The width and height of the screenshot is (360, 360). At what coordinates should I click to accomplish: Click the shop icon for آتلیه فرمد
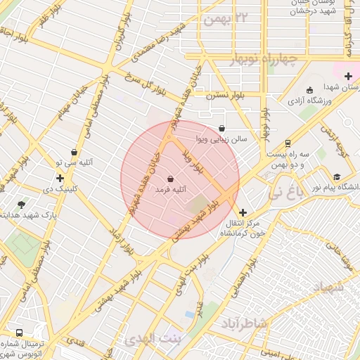(172, 179)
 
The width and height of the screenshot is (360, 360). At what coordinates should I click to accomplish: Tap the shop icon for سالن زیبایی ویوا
(223, 129)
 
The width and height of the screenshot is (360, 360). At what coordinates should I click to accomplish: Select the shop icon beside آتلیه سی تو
(75, 151)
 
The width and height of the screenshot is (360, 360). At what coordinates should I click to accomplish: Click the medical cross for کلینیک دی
(60, 179)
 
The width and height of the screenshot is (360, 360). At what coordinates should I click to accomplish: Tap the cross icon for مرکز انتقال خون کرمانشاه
(243, 212)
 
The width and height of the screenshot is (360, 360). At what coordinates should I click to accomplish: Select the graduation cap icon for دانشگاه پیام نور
(337, 177)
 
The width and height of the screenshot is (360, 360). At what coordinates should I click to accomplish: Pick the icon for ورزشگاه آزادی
(310, 89)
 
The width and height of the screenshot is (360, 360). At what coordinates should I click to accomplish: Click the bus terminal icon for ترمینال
(18, 332)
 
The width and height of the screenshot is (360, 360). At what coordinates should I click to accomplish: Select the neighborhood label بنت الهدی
(153, 340)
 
